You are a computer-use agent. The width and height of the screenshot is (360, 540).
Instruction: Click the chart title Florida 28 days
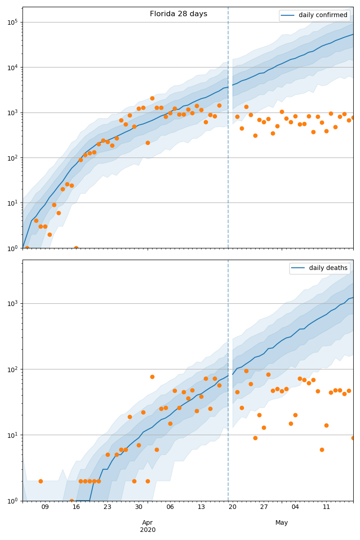point(179,14)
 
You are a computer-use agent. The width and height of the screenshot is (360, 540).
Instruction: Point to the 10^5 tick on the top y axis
point(13,22)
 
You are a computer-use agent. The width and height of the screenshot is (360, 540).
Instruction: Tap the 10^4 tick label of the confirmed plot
point(13,67)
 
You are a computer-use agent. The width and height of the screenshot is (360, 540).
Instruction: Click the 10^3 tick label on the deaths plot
point(13,303)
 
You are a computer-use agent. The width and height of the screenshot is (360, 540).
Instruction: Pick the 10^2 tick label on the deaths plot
point(13,369)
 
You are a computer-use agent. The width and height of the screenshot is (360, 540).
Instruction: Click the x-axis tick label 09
point(45,507)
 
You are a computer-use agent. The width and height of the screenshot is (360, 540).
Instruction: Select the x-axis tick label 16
point(76,507)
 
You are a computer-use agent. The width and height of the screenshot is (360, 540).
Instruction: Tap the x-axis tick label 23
point(108,507)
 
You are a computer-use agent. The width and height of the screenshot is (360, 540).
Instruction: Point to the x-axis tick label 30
point(139,507)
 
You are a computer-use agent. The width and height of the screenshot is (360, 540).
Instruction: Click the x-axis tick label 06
point(170,507)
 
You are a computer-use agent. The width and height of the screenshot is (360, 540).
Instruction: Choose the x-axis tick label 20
point(233,507)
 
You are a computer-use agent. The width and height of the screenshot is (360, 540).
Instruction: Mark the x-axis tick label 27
point(264,507)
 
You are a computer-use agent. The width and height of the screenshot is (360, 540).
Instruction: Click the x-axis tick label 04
point(295,507)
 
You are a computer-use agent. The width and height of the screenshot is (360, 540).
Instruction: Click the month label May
point(282,522)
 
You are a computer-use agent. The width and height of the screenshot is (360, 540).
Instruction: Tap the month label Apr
point(148,522)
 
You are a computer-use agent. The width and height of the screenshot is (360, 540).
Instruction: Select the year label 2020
point(148,530)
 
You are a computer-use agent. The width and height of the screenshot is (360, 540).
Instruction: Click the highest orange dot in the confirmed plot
point(152,98)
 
